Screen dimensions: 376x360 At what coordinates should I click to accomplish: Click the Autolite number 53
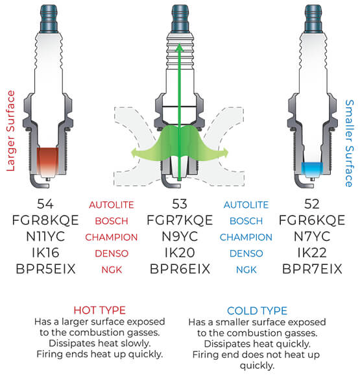pyautogui.click(x=180, y=205)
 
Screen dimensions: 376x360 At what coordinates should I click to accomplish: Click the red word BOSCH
pyautogui.click(x=115, y=221)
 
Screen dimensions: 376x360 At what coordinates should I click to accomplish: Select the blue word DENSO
pyautogui.click(x=245, y=252)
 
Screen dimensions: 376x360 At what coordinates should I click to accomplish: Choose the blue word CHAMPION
pyautogui.click(x=245, y=236)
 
